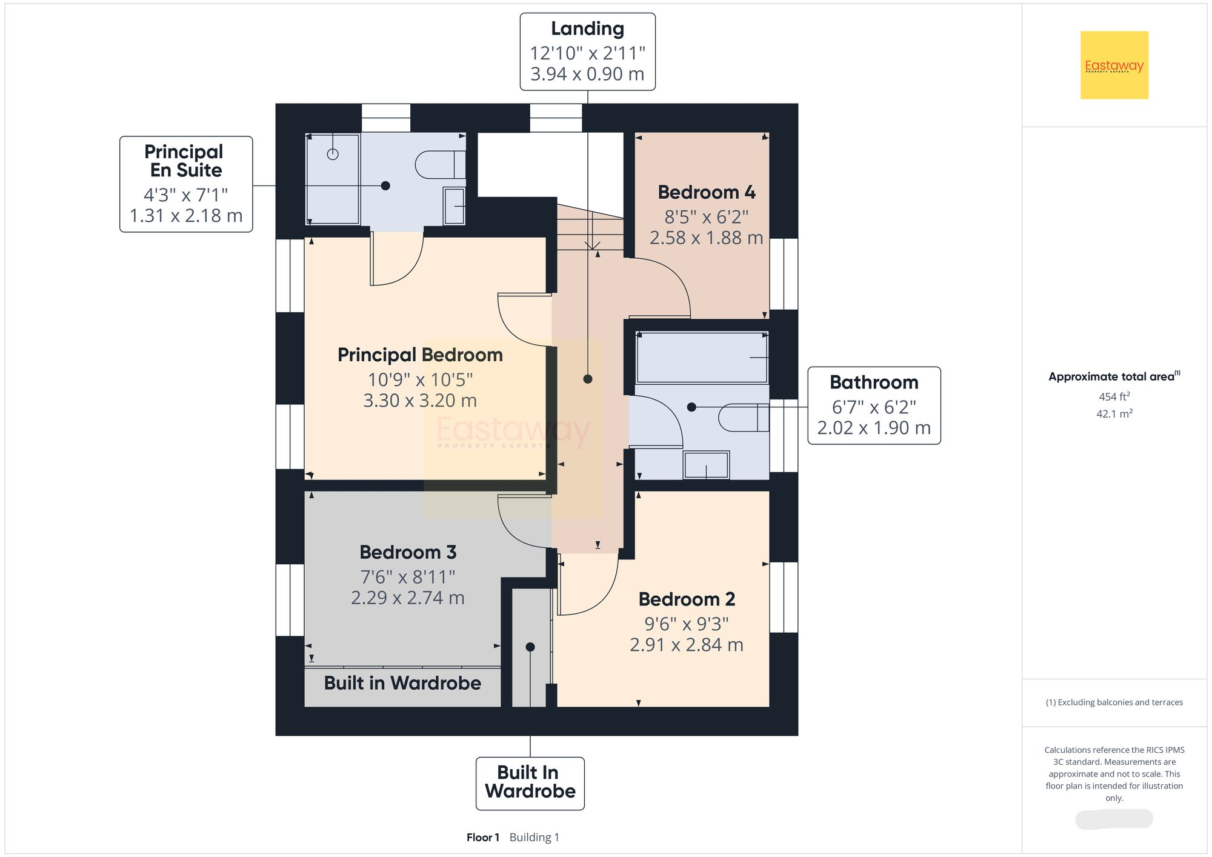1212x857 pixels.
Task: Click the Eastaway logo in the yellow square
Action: tap(1114, 65)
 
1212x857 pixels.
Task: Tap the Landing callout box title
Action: tap(587, 28)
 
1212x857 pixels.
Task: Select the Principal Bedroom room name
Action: tap(420, 355)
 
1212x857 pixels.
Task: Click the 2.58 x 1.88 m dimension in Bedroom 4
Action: tap(706, 238)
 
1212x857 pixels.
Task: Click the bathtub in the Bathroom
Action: tap(701, 358)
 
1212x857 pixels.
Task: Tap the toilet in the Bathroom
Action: tap(742, 418)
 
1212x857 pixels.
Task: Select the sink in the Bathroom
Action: tap(706, 465)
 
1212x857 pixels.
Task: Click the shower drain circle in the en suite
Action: tap(333, 154)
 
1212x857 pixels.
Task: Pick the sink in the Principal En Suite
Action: tap(454, 206)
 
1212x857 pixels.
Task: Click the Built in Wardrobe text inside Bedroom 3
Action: tap(402, 684)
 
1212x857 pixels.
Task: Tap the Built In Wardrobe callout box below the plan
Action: tap(530, 782)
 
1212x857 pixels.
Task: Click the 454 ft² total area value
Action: tap(1114, 397)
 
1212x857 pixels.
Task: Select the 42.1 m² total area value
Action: tap(1114, 414)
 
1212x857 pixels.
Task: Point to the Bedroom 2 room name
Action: tap(687, 599)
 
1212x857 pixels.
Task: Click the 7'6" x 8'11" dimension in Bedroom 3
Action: tap(407, 577)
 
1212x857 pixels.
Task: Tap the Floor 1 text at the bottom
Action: tap(482, 838)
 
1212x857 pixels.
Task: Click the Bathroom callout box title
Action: tap(873, 382)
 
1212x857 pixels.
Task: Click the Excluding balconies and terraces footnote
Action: tap(1114, 702)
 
